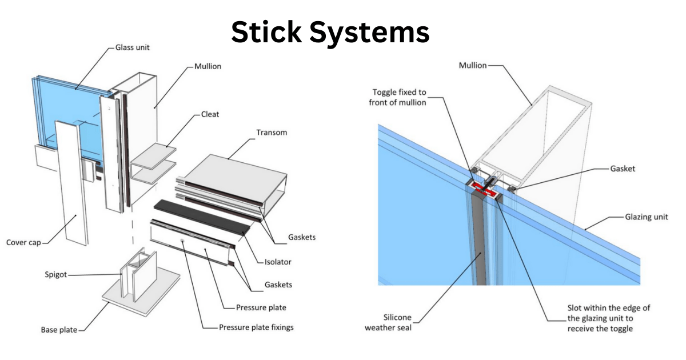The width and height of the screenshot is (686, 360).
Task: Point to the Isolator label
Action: pos(277,262)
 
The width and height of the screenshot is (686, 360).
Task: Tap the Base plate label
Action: pos(59,330)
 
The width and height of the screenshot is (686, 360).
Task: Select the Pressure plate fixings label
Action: pos(257,328)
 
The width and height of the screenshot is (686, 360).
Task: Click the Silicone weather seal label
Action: pos(388,322)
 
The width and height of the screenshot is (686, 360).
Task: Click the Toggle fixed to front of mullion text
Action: pos(399,97)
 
